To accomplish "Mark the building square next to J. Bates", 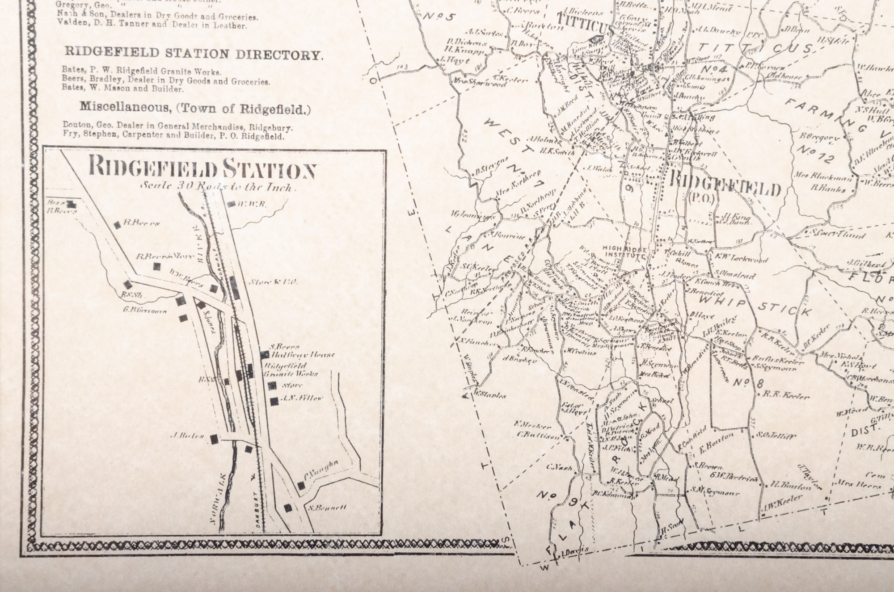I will click(215, 439).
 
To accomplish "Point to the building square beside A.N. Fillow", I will click(274, 401).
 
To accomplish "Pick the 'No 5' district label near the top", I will click(438, 17).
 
